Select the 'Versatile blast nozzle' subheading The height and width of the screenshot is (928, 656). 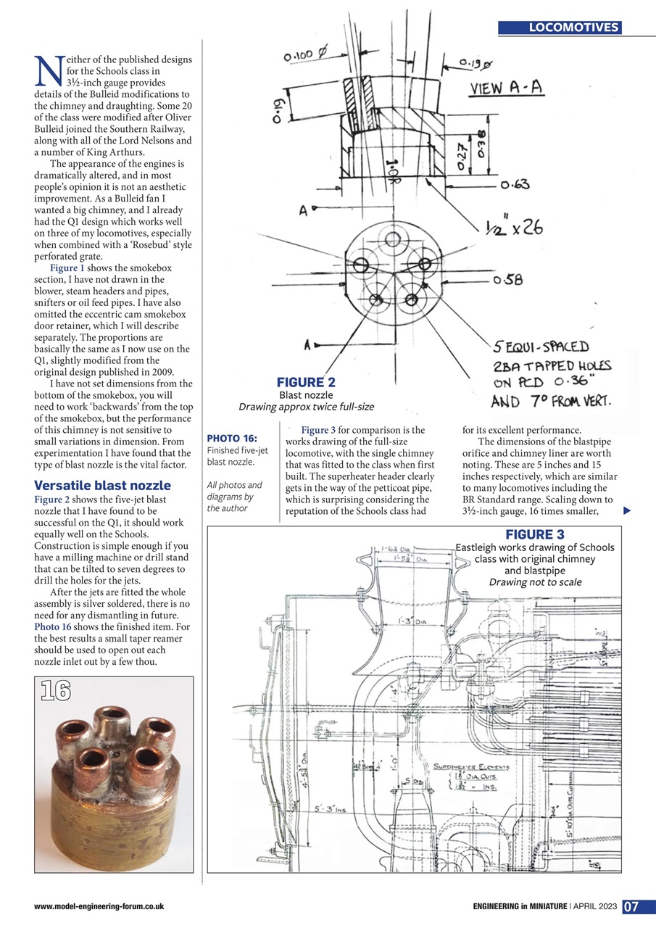[102, 486]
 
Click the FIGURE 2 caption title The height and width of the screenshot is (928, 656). [306, 383]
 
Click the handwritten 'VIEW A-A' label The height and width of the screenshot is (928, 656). [507, 88]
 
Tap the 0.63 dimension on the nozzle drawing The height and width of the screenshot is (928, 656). [515, 185]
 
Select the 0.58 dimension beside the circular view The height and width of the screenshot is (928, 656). [511, 280]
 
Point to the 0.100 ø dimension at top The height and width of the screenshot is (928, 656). [307, 54]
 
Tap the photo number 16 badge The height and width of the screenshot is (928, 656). [56, 692]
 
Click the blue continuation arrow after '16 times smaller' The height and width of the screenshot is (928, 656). [627, 511]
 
